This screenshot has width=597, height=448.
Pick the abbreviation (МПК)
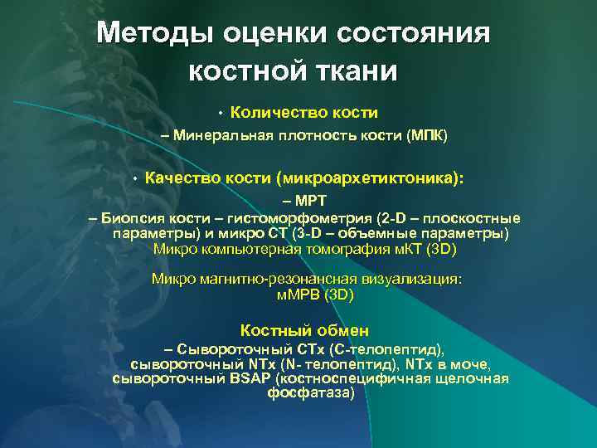pyautogui.click(x=427, y=136)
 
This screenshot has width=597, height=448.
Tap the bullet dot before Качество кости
pyautogui.click(x=134, y=178)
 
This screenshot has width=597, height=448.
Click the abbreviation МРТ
pyautogui.click(x=311, y=202)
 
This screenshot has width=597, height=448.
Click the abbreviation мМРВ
pyautogui.click(x=298, y=294)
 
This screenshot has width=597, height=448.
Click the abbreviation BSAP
pyautogui.click(x=254, y=379)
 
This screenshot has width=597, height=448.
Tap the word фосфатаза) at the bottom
pyautogui.click(x=310, y=393)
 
